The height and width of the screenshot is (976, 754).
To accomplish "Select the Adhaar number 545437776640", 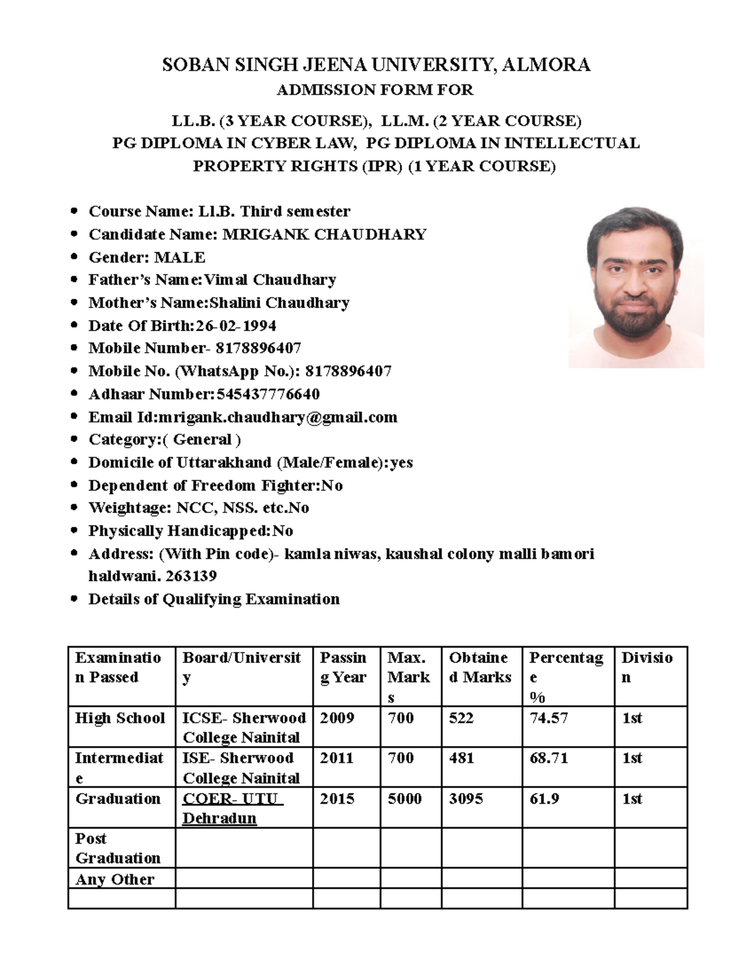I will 268,394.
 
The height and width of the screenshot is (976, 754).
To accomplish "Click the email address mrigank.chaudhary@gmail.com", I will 278,417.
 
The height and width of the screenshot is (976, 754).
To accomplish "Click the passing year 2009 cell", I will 337,718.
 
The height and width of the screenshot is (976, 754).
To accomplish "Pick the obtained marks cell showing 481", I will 462,758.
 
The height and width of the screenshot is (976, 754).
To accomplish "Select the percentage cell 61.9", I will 544,799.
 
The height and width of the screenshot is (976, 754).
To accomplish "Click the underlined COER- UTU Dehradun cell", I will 232,808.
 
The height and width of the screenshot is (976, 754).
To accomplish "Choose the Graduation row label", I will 118,799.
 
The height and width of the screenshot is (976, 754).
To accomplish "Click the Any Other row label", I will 115,879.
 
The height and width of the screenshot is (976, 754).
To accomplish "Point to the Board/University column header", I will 242,667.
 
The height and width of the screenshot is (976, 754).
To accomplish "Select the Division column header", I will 647,667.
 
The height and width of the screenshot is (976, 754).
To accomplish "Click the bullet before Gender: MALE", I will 75,257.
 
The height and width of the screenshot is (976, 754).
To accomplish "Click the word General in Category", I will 202,440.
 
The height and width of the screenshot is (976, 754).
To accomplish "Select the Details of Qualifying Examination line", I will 214,599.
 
